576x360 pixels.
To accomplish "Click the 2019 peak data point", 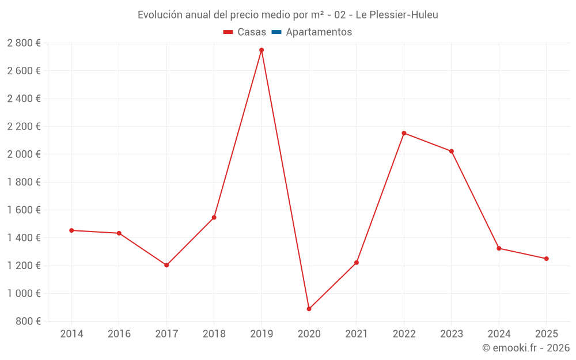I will tap(262, 50).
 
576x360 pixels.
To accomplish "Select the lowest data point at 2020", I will tap(309, 309).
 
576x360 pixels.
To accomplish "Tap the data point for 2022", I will tap(404, 133).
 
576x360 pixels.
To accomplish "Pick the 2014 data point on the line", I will tap(71, 230).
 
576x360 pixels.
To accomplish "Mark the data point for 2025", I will tap(547, 259).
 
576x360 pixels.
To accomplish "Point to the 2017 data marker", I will tap(166, 265).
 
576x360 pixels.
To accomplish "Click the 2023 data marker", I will tap(452, 151).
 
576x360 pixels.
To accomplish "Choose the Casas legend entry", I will tap(252, 32).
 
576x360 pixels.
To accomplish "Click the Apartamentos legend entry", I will tap(319, 32).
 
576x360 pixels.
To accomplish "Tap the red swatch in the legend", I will tap(228, 32).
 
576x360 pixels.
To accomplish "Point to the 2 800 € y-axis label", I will tap(24, 43).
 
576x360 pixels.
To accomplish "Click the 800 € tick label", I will tap(29, 321).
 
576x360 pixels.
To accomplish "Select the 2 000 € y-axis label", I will tap(24, 154).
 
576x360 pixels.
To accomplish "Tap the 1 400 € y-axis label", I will tap(24, 238).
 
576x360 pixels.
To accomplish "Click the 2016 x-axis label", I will tap(119, 334).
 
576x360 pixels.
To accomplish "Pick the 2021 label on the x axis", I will tap(357, 334).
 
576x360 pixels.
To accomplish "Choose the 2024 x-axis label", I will tap(499, 334).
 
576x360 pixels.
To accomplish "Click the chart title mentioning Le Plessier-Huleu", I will tap(287, 15).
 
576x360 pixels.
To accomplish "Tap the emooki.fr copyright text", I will tap(525, 348).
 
